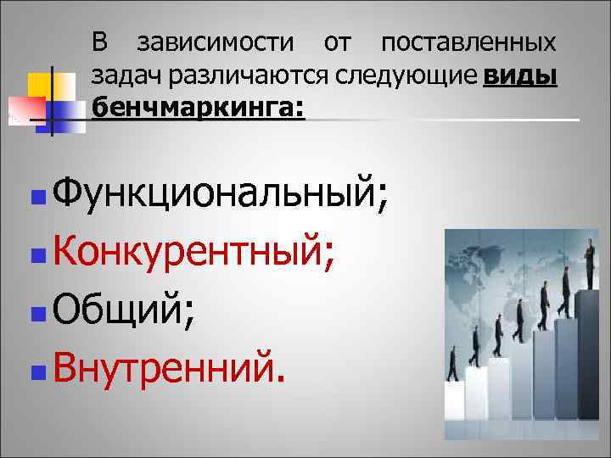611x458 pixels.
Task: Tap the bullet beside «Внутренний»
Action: click(34, 370)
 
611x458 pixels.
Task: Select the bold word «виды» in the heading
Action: click(519, 76)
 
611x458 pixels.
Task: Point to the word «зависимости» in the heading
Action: click(216, 42)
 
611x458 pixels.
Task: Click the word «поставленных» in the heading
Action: click(468, 42)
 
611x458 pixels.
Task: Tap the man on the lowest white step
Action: click(451, 367)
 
